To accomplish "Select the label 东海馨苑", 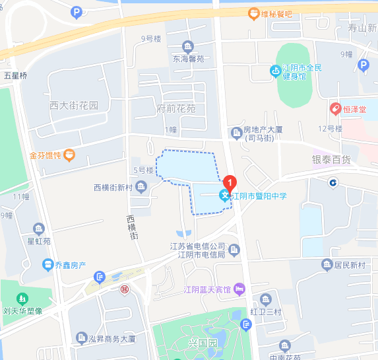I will (189, 59).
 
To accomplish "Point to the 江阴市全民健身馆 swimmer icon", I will (274, 71).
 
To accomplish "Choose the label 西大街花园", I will (73, 106).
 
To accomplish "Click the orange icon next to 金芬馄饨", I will (70, 156).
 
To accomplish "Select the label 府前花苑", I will (176, 108).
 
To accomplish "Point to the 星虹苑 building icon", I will (39, 229).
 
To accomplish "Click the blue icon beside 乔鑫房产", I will (47, 265).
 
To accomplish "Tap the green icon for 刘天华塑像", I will (23, 299).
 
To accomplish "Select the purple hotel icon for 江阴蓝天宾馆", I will (239, 289).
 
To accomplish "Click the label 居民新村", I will (350, 266).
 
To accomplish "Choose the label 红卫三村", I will (266, 311).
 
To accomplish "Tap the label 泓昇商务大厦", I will (111, 338).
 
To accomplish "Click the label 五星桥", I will (15, 76).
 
